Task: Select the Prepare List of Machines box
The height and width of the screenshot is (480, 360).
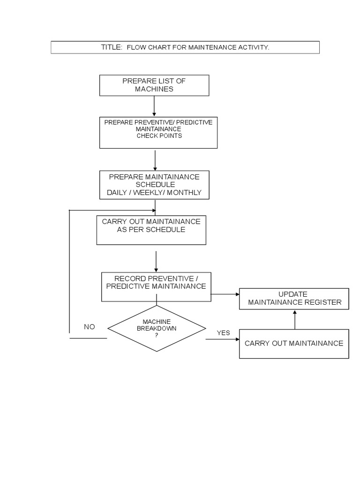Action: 154,85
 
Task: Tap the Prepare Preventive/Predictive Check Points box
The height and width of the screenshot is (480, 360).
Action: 158,133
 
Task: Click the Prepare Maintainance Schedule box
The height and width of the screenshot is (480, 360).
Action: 154,185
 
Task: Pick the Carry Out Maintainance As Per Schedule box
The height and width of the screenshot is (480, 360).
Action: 151,230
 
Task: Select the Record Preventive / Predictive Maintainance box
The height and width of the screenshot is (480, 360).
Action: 156,286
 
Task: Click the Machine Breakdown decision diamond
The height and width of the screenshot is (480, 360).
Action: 157,328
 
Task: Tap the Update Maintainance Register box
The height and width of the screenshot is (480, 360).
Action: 294,299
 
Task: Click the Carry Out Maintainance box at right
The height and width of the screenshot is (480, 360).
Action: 294,344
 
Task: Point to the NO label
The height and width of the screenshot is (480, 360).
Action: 89,327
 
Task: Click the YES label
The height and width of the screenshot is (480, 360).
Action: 223,333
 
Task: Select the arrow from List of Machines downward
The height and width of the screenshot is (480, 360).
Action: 154,106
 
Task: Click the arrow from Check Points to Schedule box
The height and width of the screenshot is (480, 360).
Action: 155,159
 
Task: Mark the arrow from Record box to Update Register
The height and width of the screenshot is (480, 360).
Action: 225,294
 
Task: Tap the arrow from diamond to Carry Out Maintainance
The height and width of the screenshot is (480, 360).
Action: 222,339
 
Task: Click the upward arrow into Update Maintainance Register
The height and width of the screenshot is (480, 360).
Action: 294,320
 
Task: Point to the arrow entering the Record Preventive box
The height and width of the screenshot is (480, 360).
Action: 156,261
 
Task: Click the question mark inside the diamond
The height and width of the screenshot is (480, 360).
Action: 157,335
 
